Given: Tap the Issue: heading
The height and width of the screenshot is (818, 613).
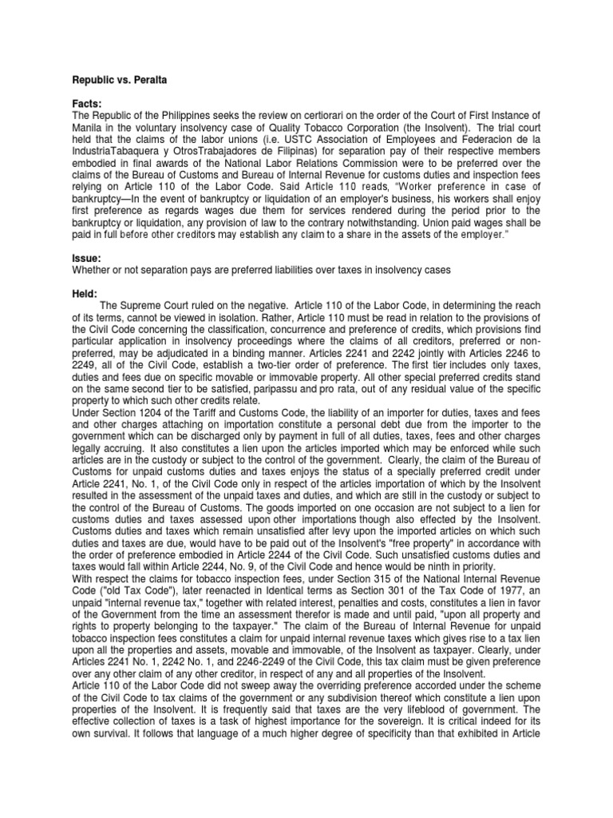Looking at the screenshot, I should [85, 258].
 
